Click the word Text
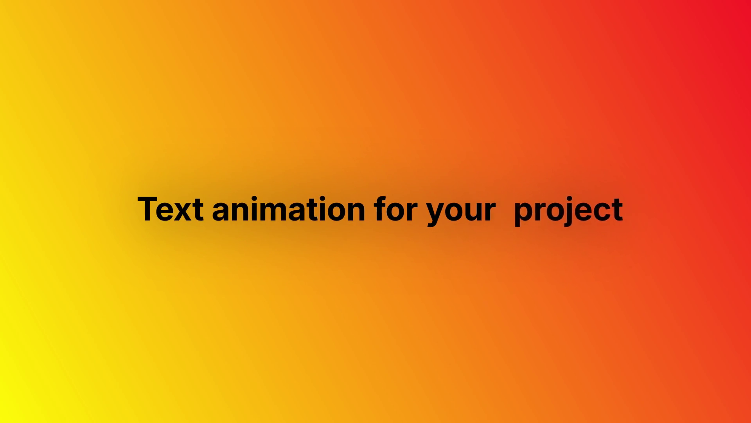click(171, 209)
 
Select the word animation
click(289, 209)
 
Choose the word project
click(568, 211)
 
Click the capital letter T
click(149, 209)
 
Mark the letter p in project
click(523, 214)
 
